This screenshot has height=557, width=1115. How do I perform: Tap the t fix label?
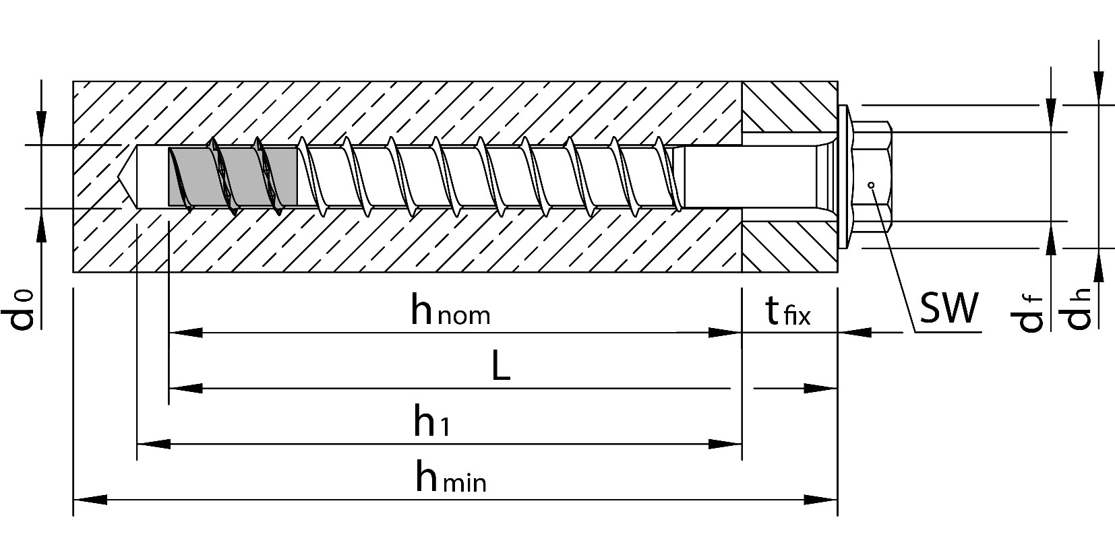pyautogui.click(x=787, y=312)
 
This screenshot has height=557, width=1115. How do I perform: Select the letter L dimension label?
pyautogui.click(x=500, y=368)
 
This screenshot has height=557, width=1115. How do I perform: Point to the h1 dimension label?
pyautogui.click(x=431, y=424)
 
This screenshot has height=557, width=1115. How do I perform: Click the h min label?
pyautogui.click(x=450, y=479)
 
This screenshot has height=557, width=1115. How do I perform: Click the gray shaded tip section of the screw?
pyautogui.click(x=232, y=176)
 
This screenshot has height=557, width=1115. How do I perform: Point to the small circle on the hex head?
pyautogui.click(x=871, y=185)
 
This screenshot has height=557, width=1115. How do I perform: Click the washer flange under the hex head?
pyautogui.click(x=843, y=176)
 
